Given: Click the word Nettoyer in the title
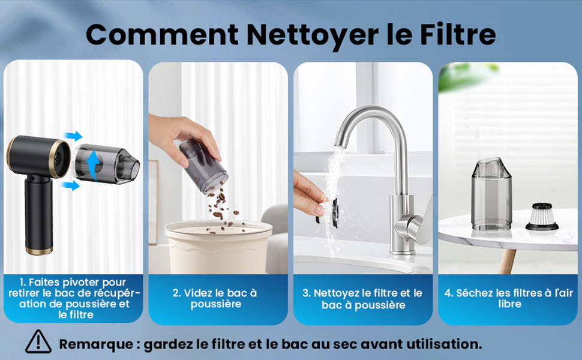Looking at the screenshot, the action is (x=312, y=35).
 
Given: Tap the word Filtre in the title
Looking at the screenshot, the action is (x=458, y=34).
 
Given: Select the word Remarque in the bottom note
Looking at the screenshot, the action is (x=96, y=344).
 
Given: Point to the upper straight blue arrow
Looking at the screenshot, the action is (x=73, y=136).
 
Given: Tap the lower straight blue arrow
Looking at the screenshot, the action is (x=71, y=185).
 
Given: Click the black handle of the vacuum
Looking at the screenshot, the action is (x=38, y=214).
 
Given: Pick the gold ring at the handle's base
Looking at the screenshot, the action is (x=38, y=251).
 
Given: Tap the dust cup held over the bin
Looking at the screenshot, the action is (x=203, y=166).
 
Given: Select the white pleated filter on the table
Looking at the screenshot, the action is (x=542, y=217).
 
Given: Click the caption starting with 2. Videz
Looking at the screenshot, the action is (x=215, y=298).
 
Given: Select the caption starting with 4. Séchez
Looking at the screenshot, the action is (x=509, y=298).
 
